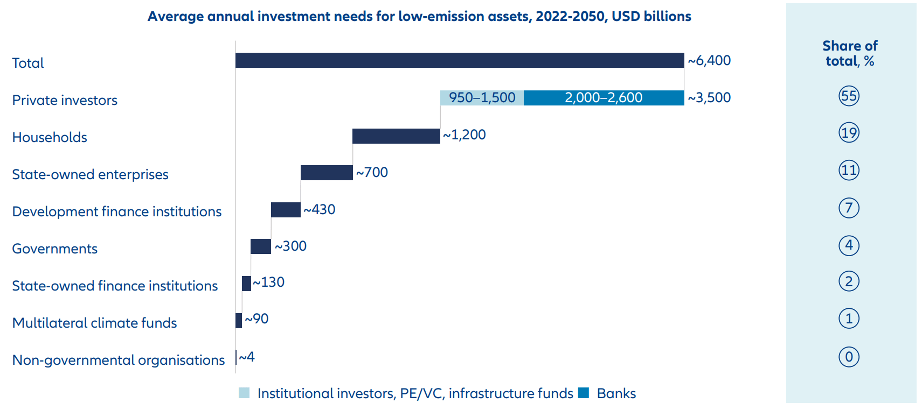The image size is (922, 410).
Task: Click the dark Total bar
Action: point(459,60)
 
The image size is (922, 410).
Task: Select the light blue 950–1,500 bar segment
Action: point(482,98)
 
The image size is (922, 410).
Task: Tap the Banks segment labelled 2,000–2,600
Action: point(604,98)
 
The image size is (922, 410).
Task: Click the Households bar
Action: point(396,136)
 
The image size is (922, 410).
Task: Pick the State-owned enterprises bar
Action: point(327,173)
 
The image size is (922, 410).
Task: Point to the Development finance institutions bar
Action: point(286,210)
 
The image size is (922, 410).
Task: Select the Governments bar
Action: point(261,246)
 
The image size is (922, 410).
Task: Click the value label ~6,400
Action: point(709,61)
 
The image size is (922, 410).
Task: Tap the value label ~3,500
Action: point(709,98)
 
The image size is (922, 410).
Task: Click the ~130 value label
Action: point(269,282)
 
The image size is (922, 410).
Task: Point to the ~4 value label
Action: point(247,357)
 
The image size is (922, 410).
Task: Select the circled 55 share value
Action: point(849,96)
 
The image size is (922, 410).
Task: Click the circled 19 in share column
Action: point(849,133)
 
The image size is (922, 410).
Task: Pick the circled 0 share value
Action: point(849,357)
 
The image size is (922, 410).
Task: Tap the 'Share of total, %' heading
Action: point(850,53)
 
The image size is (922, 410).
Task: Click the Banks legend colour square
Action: point(584,393)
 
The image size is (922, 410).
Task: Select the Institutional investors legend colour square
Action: point(244,393)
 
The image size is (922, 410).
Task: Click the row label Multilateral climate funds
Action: point(94,323)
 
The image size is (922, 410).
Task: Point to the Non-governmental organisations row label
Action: point(118,360)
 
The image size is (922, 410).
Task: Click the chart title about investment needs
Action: point(419,17)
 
